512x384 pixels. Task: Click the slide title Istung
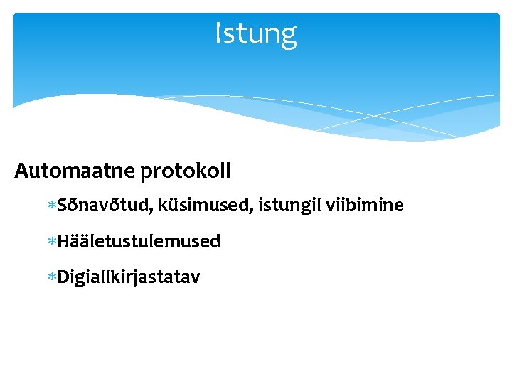[x=256, y=33]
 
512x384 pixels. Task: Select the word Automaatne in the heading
[x=75, y=171]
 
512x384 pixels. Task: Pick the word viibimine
[x=366, y=206]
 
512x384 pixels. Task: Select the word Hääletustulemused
[x=139, y=242]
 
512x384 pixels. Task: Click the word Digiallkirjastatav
[x=129, y=277]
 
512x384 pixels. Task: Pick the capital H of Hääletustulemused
[x=63, y=242]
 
